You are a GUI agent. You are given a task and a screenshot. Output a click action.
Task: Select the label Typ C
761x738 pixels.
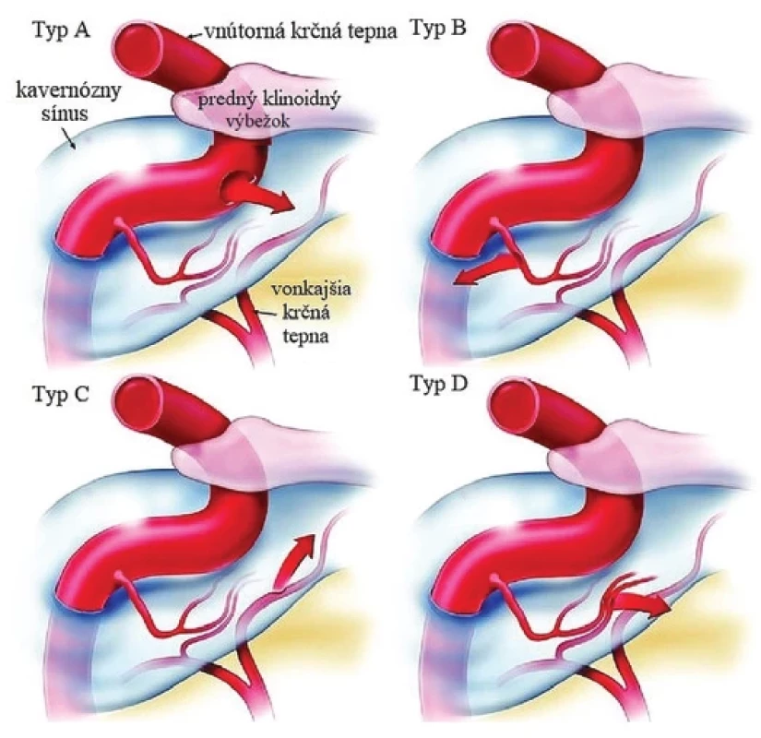61,394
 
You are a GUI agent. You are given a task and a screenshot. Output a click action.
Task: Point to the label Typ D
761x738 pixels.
439,384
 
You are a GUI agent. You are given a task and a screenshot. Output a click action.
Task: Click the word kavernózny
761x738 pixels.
68,91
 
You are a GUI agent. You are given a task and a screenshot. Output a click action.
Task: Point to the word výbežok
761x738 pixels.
257,120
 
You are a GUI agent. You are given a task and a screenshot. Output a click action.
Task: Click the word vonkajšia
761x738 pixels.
311,290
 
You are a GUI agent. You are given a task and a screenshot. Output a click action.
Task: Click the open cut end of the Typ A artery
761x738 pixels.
138,49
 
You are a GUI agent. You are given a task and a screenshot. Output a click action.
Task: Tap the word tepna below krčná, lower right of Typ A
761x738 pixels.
305,336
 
